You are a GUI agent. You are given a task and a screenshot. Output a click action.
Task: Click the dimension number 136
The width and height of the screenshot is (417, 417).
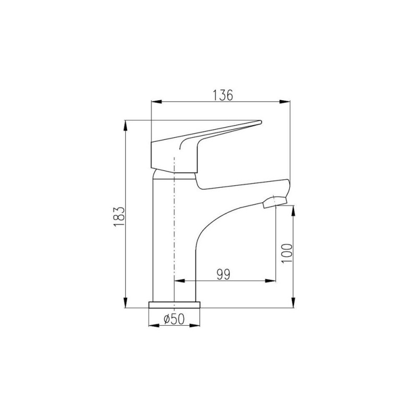click(x=223, y=95)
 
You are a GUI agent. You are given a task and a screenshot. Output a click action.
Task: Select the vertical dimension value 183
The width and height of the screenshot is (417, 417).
click(x=119, y=216)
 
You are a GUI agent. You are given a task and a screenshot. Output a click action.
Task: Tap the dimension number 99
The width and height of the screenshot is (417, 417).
click(x=223, y=275)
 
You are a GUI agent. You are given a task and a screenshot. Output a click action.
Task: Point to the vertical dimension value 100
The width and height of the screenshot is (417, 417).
click(x=287, y=253)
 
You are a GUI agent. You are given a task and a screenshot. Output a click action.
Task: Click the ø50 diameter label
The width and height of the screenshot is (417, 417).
click(x=174, y=319)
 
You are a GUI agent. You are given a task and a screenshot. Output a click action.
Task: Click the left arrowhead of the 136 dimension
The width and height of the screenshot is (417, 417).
click(x=156, y=101)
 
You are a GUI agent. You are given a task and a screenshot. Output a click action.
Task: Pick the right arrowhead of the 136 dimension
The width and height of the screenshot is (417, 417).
click(x=285, y=101)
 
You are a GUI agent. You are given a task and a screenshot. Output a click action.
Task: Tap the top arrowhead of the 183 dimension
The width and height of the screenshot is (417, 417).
click(x=125, y=126)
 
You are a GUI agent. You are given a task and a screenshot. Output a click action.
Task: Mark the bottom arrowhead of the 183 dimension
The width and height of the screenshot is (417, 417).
click(x=125, y=303)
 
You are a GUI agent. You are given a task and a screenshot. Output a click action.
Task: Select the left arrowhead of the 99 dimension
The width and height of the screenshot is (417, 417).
click(x=179, y=280)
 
